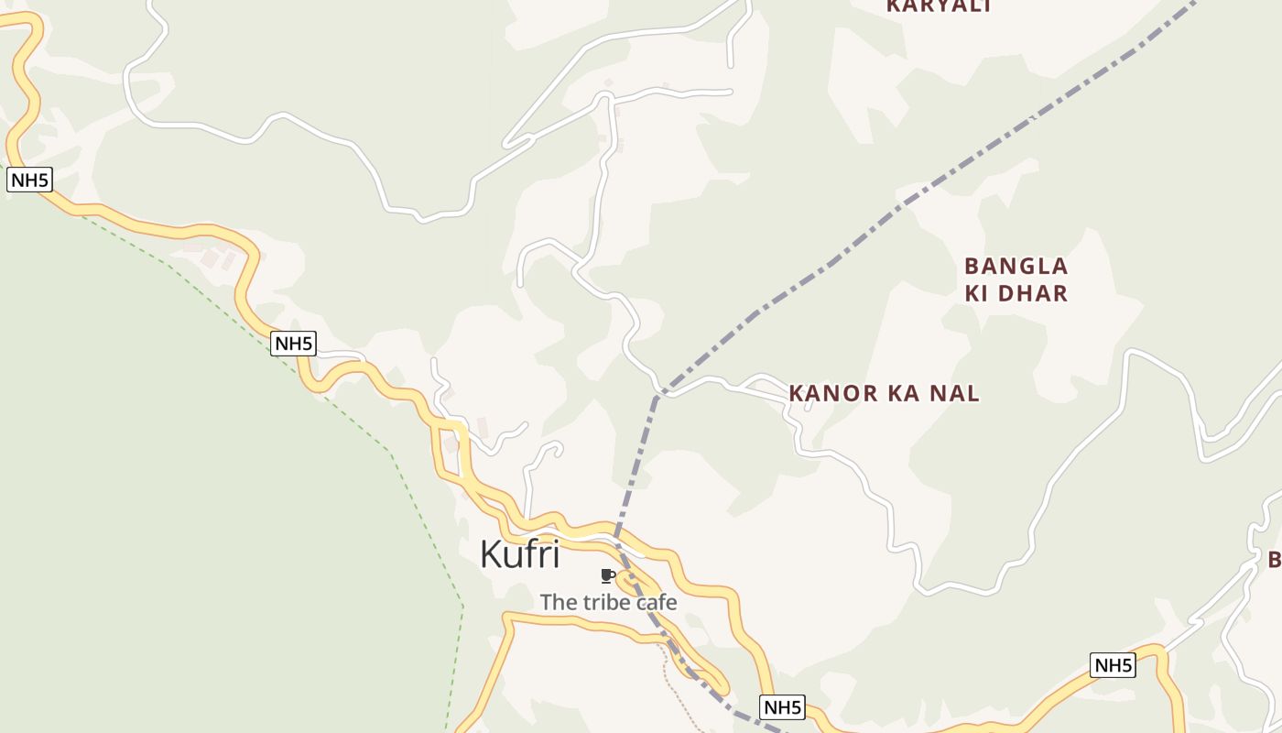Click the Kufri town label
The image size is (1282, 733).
519,554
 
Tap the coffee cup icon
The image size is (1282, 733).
606,575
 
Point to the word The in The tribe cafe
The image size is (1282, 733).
558,602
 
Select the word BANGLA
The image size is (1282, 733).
1016,267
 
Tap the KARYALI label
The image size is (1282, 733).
940,6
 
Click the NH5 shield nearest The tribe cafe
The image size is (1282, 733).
782,706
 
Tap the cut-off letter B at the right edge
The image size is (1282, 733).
1275,559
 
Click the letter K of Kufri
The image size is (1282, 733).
492,554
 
